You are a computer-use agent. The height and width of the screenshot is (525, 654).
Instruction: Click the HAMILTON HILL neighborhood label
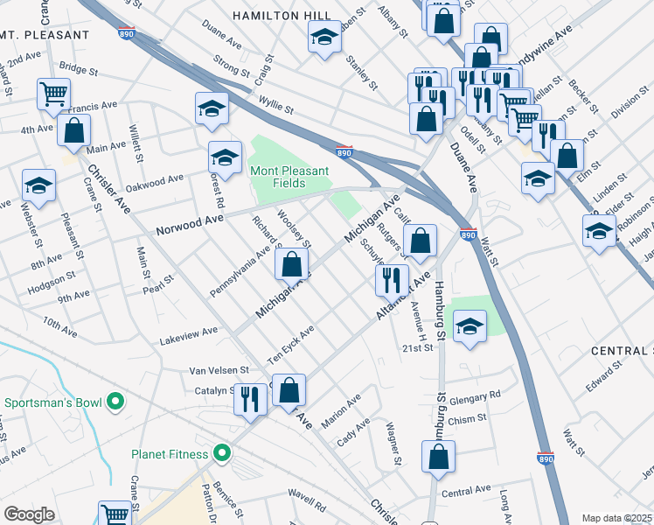(282, 16)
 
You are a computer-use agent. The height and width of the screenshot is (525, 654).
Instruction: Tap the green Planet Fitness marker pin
(223, 453)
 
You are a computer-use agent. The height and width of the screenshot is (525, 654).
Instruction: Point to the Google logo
(29, 514)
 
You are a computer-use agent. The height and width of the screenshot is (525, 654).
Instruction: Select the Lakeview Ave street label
(188, 332)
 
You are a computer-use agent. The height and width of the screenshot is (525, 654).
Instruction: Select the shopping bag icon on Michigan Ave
(291, 262)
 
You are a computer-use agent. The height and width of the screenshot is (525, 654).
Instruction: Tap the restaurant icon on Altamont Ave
(391, 279)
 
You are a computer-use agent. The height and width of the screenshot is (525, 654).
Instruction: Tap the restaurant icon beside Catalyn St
(250, 398)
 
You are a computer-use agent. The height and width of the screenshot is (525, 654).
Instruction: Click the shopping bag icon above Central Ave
(438, 455)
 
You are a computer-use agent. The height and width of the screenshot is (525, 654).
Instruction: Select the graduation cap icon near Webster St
(38, 185)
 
